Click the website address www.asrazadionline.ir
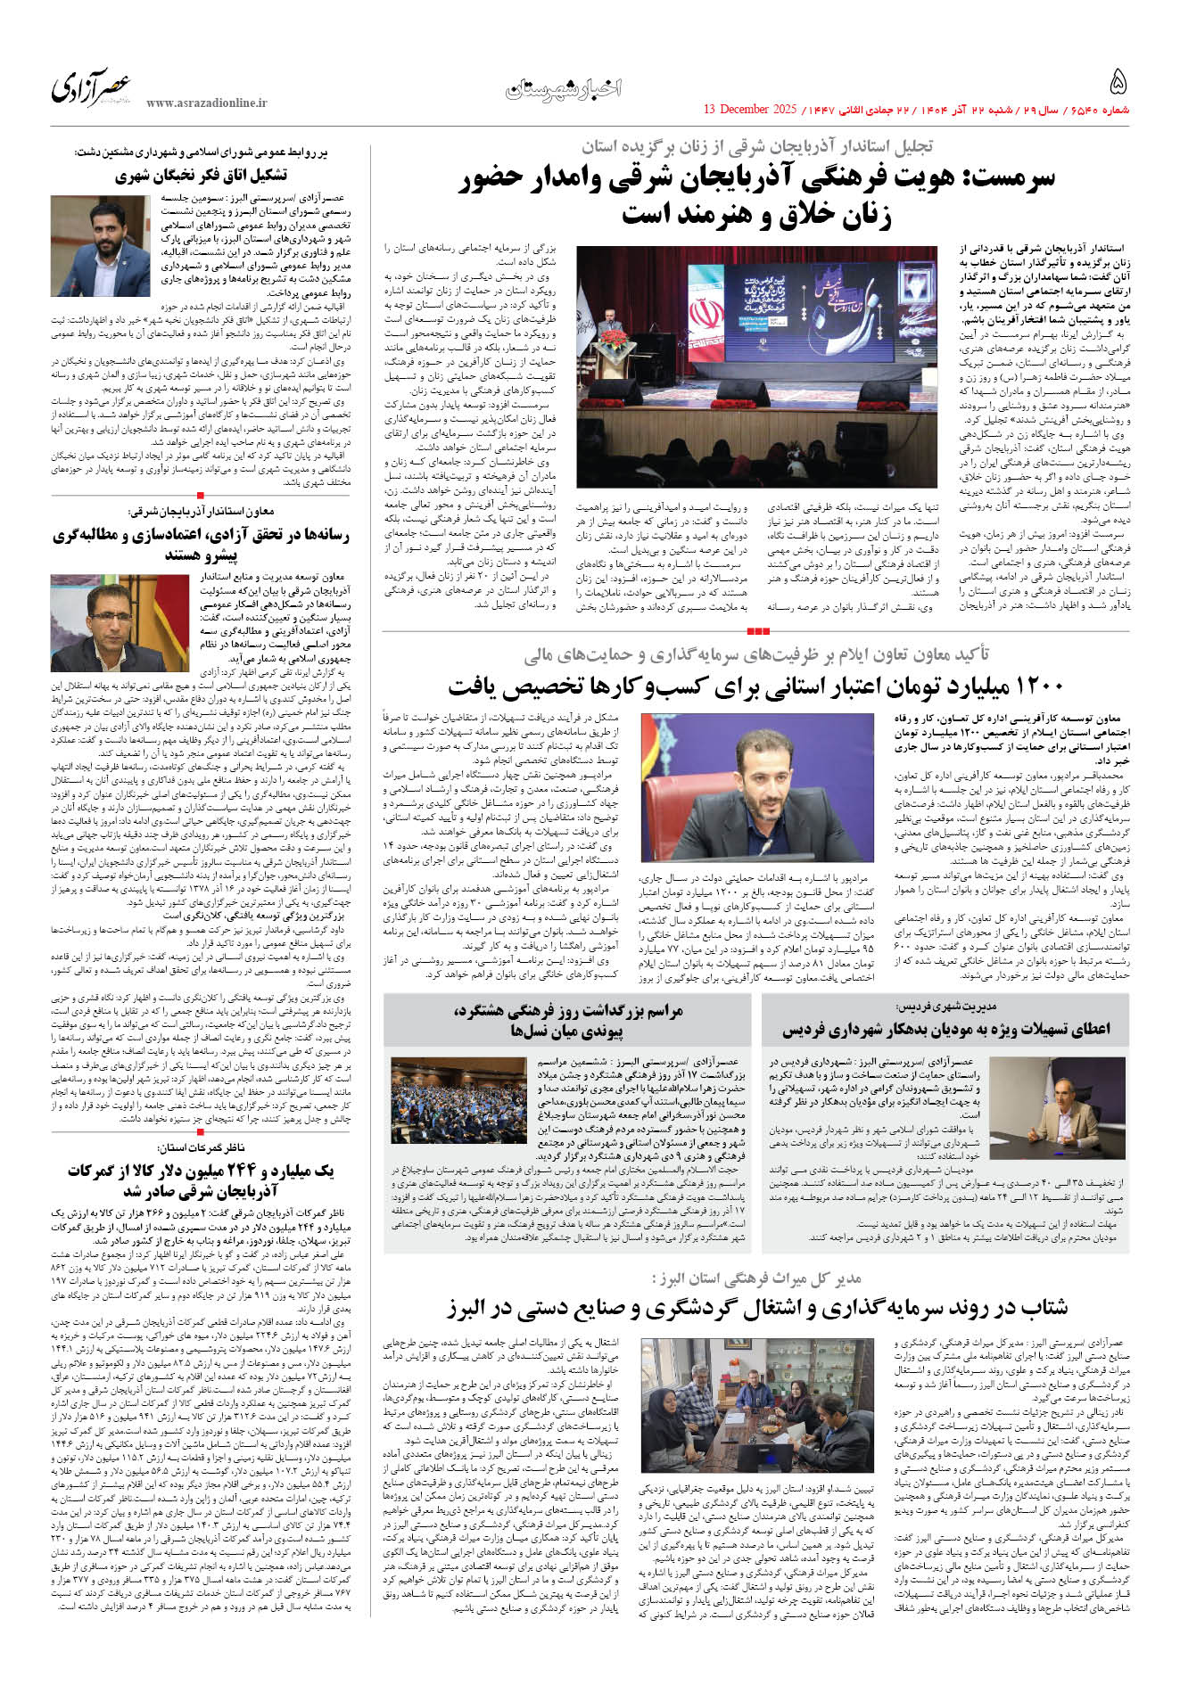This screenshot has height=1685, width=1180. [206, 103]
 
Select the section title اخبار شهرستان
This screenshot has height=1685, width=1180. [564, 88]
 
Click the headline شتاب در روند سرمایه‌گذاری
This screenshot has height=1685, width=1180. [757, 1308]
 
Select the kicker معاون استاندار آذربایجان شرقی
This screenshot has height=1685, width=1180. [202, 512]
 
